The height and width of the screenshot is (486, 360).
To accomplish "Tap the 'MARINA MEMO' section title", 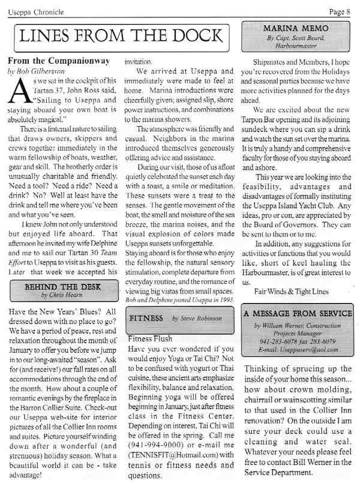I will pos(298,28).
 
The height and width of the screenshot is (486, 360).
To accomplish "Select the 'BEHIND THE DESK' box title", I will pos(61,287).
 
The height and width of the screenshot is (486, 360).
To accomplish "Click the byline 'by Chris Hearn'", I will pos(61,295).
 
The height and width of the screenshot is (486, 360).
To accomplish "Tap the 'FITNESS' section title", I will pos(147,318).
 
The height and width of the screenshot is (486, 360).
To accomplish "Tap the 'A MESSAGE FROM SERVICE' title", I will pos(298,313).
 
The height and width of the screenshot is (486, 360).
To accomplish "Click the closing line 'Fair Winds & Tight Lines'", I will pos(291,292).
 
